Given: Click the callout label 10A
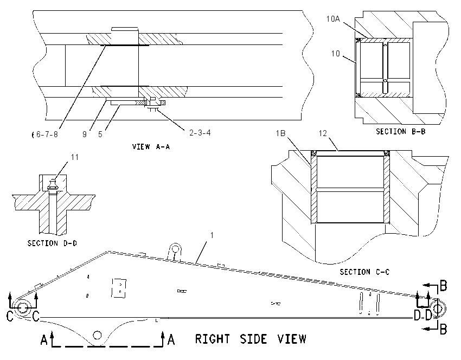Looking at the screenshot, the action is pos(333,19).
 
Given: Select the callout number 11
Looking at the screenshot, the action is pos(75,158).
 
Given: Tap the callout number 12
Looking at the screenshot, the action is pos(323,133).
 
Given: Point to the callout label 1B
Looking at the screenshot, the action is pos(280,133).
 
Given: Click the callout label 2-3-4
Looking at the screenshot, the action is pos(200,133).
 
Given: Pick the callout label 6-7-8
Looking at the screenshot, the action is pos(47,134).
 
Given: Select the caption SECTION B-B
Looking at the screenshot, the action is pos(401,132).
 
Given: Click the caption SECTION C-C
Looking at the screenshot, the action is pos(364,272).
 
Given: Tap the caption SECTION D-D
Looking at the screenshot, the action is pos(52,243).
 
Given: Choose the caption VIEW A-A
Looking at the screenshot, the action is pos(151,146).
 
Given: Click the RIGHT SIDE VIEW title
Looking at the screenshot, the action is pos(251,339).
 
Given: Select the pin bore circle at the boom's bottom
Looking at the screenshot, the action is pos(97,335).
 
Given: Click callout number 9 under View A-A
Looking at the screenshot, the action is pos(85,134).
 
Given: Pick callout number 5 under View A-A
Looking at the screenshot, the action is pos(100,134).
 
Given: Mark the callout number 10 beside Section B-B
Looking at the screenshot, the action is pos(336,54).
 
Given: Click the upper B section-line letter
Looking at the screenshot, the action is pos(443,286).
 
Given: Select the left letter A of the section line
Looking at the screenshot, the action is pos(44,340).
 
